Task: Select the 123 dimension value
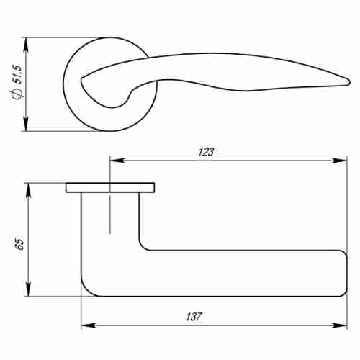207,151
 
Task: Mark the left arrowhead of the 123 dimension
114,160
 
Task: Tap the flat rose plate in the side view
109,188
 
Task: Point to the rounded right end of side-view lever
343,273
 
